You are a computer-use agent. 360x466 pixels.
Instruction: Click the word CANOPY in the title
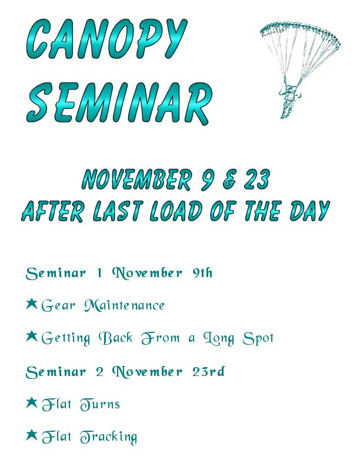coord(107,40)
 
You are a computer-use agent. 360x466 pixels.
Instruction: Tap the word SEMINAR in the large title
coord(119,102)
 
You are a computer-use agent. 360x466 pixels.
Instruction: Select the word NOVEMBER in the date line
coord(136,179)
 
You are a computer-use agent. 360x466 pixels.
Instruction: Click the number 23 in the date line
coord(257,179)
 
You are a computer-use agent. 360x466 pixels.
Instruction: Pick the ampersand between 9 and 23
coord(230,180)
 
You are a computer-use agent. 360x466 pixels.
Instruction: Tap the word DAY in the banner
coord(309,211)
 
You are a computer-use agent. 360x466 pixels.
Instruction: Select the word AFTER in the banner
coord(53,211)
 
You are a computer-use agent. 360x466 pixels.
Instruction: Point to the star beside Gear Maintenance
coord(32,304)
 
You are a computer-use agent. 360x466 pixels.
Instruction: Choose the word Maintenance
coord(124,305)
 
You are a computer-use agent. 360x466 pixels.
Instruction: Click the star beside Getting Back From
coord(32,337)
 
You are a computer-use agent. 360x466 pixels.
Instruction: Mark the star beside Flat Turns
coord(32,402)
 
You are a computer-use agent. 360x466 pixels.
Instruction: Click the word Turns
coord(100,404)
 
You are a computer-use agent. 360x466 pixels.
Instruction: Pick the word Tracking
coord(108,437)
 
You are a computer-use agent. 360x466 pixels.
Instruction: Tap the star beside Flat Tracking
coord(32,435)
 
